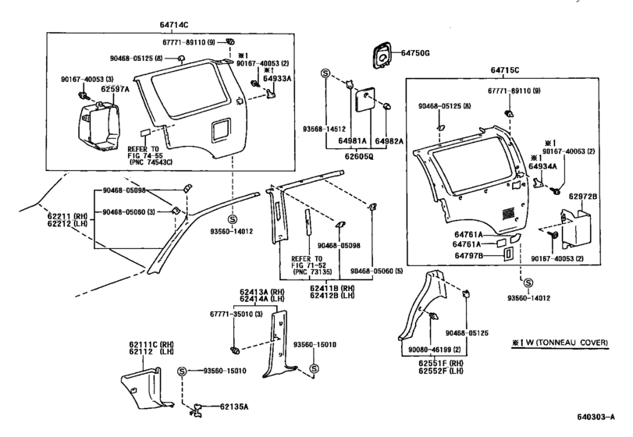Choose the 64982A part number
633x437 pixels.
click(x=389, y=142)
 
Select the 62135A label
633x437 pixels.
click(x=233, y=406)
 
